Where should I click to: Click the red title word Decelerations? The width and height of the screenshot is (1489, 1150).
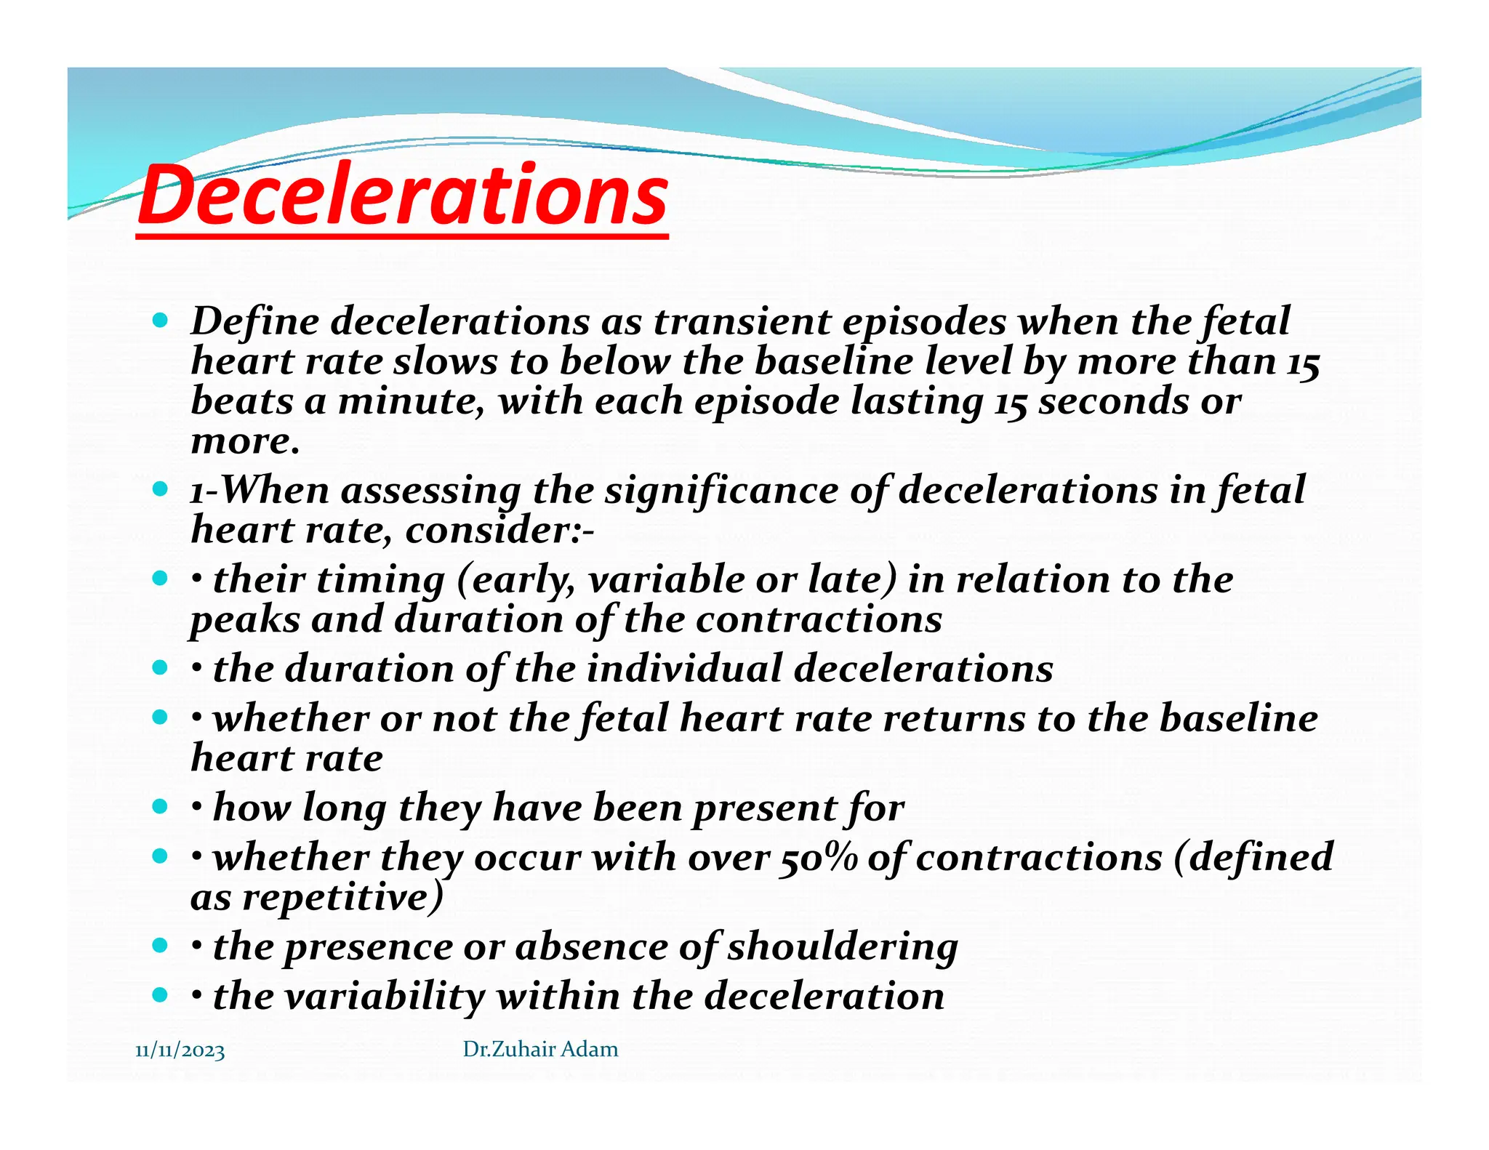pos(402,195)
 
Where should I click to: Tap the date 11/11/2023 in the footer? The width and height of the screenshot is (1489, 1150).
pos(180,1051)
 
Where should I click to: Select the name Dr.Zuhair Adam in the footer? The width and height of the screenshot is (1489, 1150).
pos(540,1049)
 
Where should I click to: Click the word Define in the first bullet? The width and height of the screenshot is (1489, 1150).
pos(254,321)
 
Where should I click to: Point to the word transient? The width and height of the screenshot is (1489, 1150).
pos(741,321)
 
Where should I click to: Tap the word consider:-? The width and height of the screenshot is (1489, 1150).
pos(499,530)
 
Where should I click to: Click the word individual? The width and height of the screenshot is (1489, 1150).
pos(684,669)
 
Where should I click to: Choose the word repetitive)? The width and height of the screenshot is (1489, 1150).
pos(342,898)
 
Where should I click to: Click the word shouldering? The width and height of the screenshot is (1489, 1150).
pos(843,947)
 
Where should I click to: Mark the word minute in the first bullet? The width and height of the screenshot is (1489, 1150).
pos(410,401)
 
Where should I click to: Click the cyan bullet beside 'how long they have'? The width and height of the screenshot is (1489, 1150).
pos(160,806)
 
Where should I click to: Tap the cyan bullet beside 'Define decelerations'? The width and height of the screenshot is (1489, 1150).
pos(160,320)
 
